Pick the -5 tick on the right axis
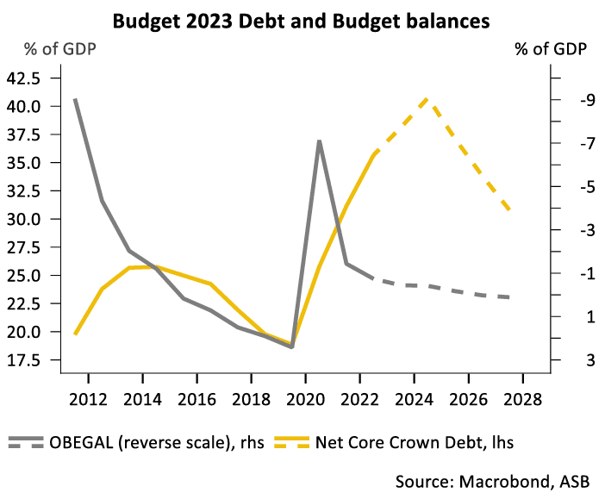[x=564, y=187]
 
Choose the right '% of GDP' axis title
[x=552, y=49]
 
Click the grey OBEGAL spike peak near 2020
[x=320, y=141]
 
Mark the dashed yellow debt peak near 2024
[x=428, y=100]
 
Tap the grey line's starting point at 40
[x=75, y=99]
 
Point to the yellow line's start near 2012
[x=75, y=334]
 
